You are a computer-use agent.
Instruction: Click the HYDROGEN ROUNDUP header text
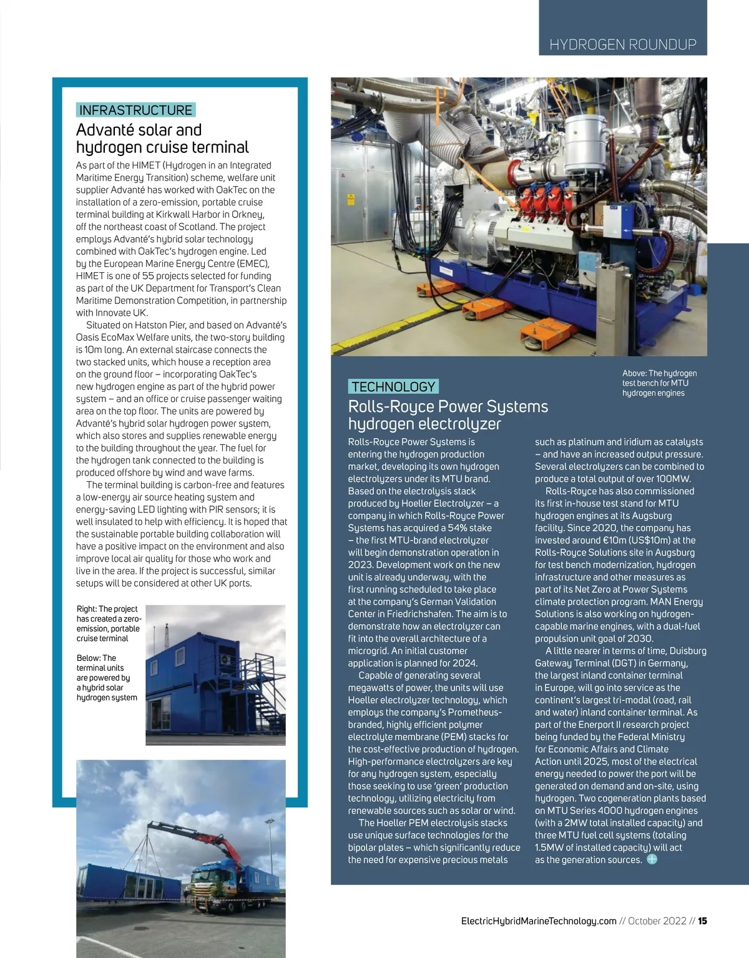(622, 44)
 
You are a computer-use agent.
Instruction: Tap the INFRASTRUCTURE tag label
(135, 110)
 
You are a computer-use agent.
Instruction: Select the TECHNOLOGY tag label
(393, 386)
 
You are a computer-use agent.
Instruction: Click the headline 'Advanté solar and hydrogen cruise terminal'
(162, 139)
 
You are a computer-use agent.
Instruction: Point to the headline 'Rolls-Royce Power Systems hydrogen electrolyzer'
(448, 415)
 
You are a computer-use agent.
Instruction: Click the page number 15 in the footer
(702, 921)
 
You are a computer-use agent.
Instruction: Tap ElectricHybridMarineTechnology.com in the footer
(538, 921)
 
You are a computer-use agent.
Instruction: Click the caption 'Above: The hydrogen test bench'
(659, 383)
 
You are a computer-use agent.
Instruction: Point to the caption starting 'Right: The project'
(108, 623)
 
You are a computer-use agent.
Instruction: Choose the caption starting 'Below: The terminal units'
(106, 678)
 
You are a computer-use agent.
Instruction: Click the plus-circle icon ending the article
(652, 859)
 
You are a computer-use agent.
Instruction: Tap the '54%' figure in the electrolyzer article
(458, 528)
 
